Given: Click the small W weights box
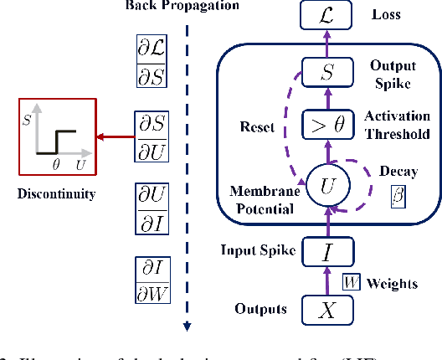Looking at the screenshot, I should point(352,283).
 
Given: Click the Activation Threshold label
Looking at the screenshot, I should point(398,125).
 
